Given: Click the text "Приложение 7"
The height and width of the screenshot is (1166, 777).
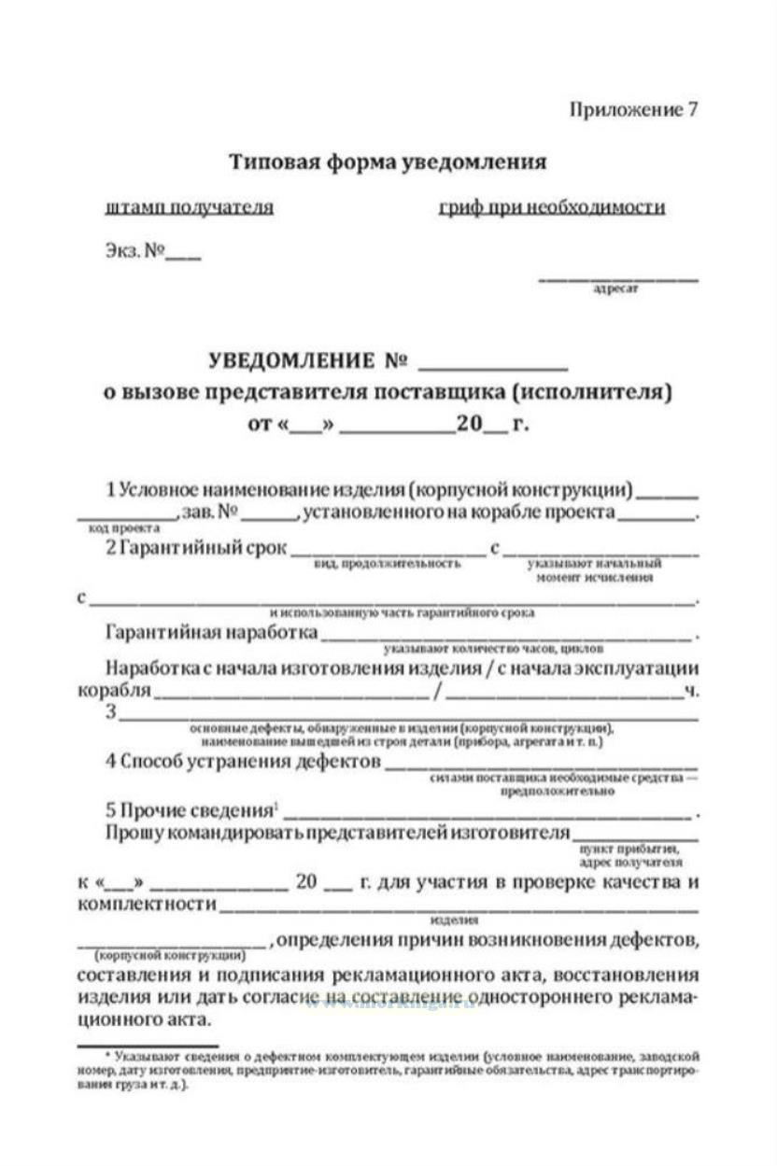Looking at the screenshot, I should click(x=633, y=109).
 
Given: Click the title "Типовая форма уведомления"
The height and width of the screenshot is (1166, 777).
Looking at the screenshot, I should click(x=388, y=162).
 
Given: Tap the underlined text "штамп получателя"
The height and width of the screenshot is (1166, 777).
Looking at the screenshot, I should click(x=191, y=207).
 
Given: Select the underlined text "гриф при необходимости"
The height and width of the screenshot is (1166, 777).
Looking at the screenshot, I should click(x=552, y=207).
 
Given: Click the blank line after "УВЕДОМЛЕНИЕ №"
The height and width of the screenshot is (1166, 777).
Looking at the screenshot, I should click(x=493, y=362).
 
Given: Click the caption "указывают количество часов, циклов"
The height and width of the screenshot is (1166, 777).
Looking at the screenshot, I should click(x=493, y=647).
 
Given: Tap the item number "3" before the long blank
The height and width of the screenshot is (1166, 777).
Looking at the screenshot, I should click(x=111, y=712).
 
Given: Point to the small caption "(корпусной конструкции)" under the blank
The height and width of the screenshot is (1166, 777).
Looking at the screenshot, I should click(x=170, y=956).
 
